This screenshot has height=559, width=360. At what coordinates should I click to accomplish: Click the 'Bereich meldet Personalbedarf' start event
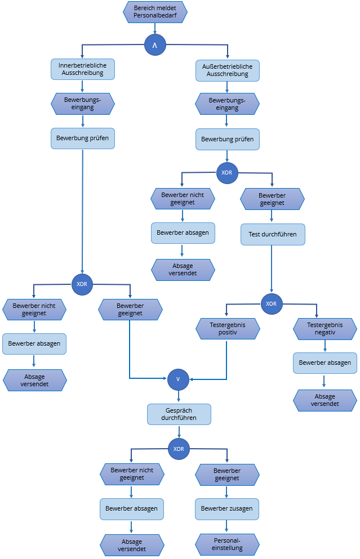(x=155, y=12)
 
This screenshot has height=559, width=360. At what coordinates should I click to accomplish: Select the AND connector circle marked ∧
(x=155, y=44)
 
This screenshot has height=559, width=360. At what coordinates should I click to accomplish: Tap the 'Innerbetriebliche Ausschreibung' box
(x=83, y=69)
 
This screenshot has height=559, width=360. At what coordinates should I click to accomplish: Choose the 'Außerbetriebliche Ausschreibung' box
(x=228, y=70)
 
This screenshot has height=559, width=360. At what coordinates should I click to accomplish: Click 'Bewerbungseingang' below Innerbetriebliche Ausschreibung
(x=83, y=104)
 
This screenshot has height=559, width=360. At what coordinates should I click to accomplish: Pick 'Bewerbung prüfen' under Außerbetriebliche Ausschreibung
(x=228, y=138)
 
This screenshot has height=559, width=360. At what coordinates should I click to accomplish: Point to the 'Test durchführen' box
(x=273, y=234)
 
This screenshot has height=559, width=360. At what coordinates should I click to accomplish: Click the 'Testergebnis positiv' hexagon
(x=228, y=329)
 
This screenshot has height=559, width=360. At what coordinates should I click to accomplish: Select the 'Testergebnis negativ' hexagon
(x=325, y=329)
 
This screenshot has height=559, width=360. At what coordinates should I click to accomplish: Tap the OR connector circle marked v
(x=178, y=379)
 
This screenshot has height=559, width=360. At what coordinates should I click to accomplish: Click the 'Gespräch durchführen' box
(x=179, y=414)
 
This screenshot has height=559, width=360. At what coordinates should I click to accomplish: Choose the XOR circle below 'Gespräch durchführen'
(x=179, y=449)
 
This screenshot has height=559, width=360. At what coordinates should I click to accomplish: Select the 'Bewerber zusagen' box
(x=228, y=509)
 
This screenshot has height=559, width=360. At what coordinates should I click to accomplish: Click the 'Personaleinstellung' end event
(x=228, y=544)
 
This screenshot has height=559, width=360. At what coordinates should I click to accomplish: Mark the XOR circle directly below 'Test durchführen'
(x=271, y=303)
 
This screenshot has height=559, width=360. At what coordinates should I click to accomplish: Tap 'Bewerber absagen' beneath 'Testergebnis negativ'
(x=325, y=363)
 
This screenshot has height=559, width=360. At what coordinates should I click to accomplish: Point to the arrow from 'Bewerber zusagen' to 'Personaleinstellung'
(x=228, y=526)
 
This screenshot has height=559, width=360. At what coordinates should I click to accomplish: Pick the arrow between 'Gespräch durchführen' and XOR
(x=179, y=432)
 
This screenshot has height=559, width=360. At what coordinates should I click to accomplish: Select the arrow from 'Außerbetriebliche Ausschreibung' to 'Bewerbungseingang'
(x=228, y=87)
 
